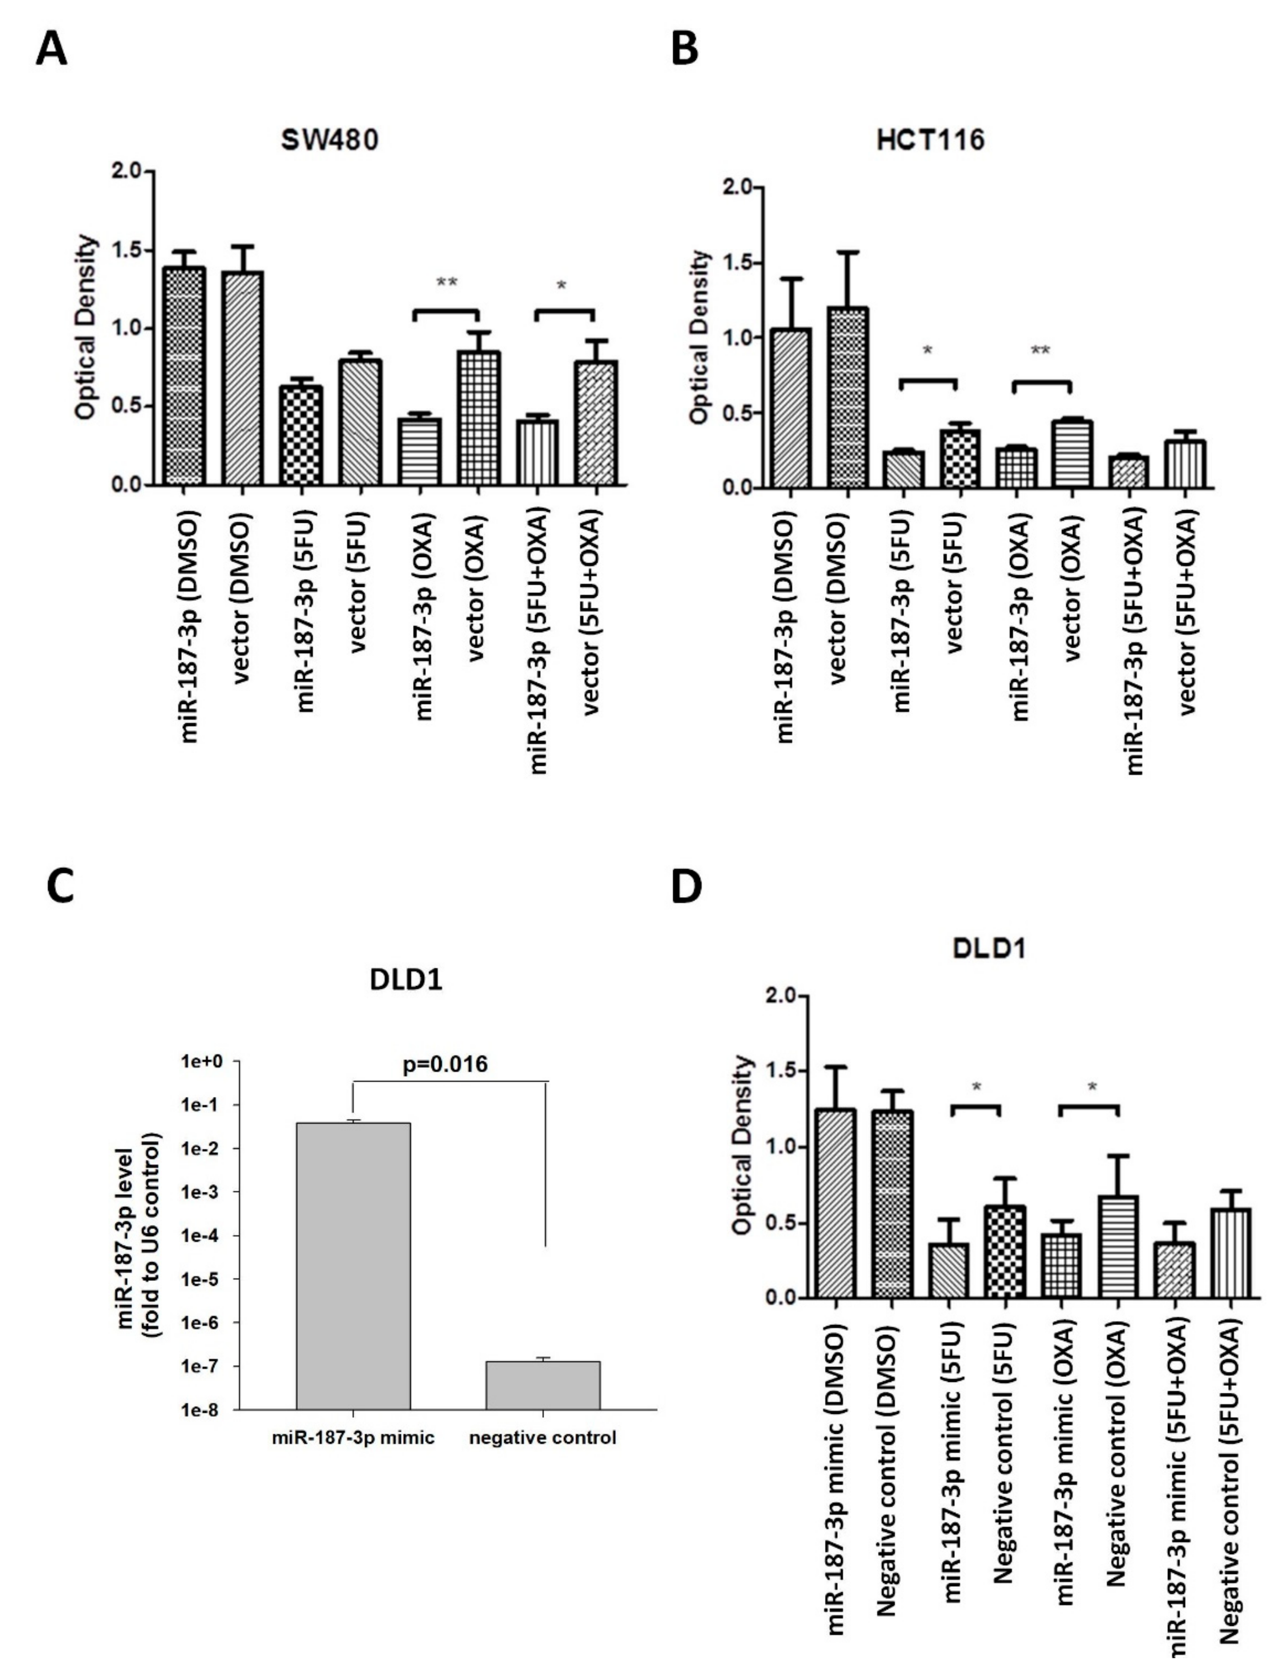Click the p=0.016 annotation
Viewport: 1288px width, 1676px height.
pos(445,1064)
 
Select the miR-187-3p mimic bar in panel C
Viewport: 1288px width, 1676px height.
pos(353,1265)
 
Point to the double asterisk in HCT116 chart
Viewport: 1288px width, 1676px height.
pos(1040,351)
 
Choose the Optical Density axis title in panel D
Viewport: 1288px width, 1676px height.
pos(742,1146)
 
